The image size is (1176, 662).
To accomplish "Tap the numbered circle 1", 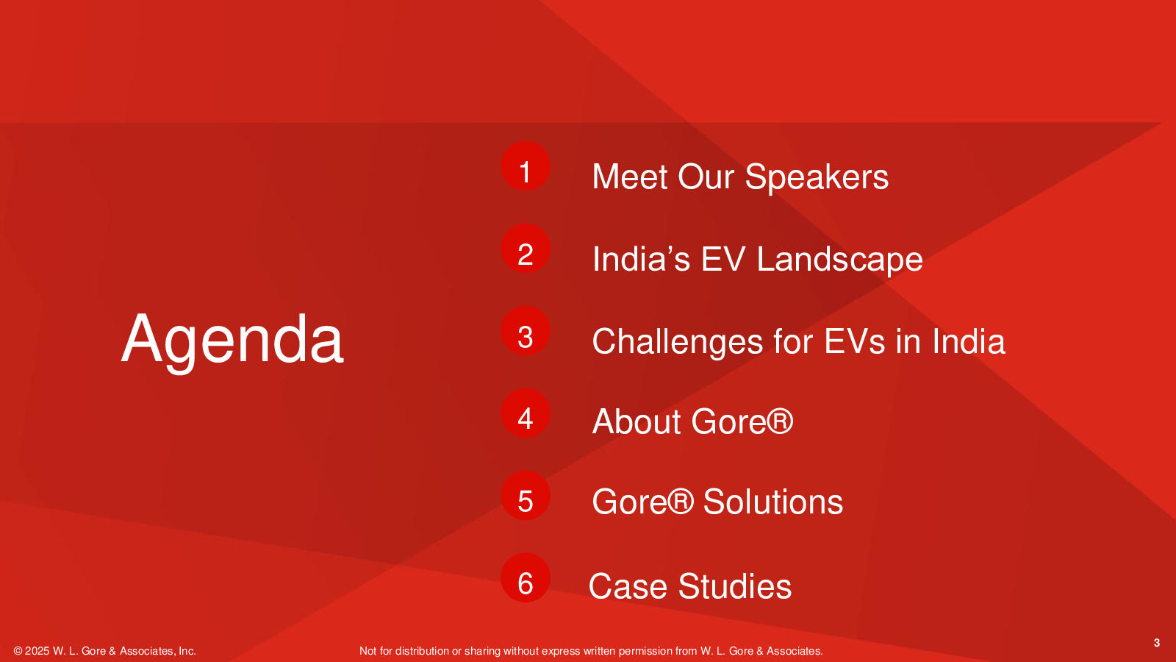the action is (x=526, y=166).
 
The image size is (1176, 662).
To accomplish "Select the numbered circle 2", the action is (x=526, y=249).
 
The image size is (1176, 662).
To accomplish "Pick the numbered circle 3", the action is (x=526, y=331).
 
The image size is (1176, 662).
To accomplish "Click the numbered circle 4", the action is (x=526, y=413).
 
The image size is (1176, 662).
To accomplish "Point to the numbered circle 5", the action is (x=526, y=496).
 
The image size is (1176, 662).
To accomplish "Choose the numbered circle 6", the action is (x=526, y=578).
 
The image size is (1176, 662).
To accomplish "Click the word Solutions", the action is (x=772, y=502).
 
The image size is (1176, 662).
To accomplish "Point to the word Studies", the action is (x=735, y=586).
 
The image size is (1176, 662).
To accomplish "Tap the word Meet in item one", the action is (x=631, y=177).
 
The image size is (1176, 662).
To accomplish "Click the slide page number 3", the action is (x=1157, y=643).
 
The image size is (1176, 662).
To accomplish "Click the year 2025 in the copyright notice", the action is (x=37, y=651).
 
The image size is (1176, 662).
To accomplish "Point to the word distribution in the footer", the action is (x=422, y=651).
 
